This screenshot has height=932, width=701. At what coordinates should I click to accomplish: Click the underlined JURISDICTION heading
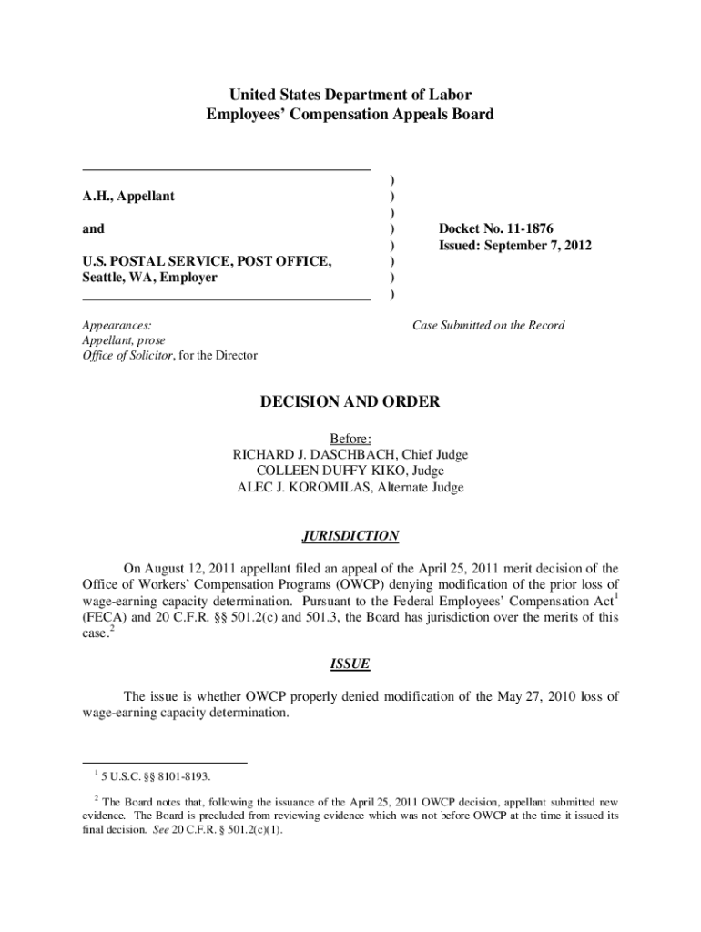coord(350,536)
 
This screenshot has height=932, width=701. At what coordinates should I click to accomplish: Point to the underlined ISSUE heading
coord(350,664)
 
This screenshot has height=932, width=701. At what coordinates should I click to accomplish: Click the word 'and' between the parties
coord(94,228)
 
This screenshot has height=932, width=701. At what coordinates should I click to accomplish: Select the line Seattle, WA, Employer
coord(150,278)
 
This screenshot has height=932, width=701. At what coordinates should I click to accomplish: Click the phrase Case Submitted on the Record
coord(489,325)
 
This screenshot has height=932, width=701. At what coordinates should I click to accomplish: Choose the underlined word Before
coord(350,438)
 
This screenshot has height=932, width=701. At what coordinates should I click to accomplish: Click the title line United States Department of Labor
coord(350,95)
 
